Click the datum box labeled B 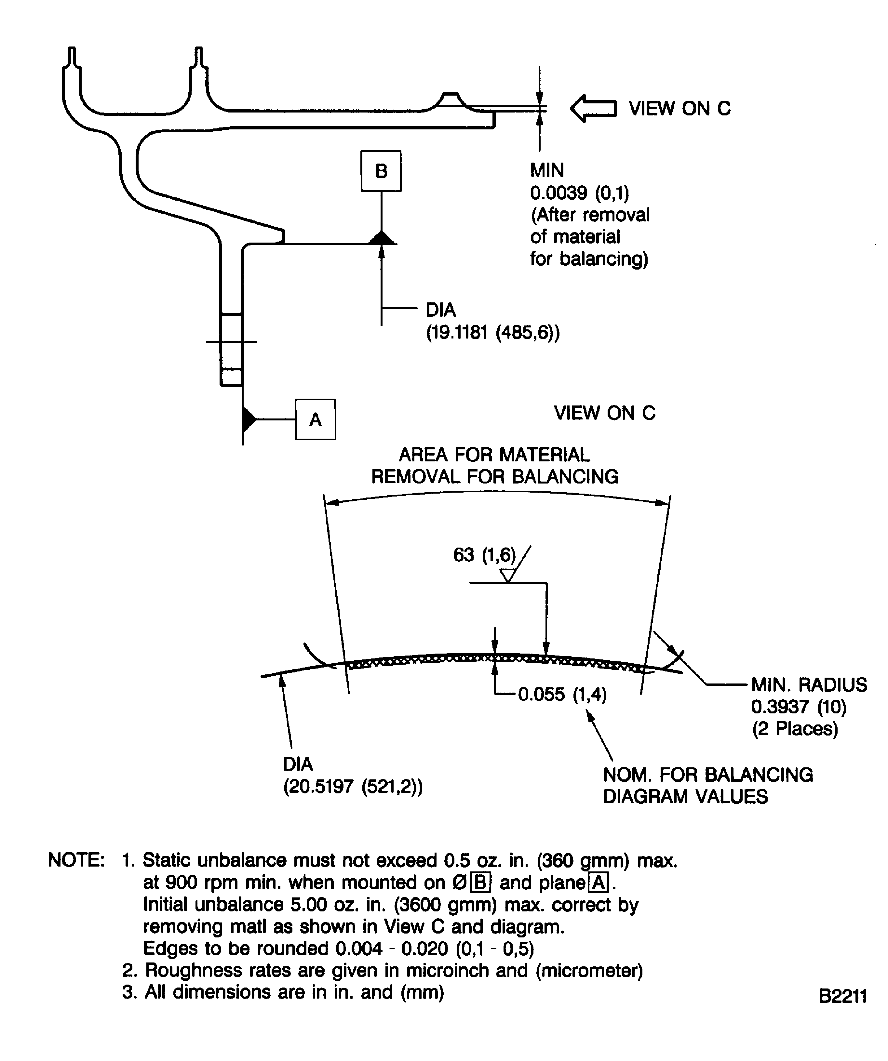click(381, 171)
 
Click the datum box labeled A click(316, 419)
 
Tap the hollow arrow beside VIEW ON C click(593, 108)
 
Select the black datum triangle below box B click(382, 238)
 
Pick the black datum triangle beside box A click(249, 419)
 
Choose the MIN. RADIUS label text click(809, 684)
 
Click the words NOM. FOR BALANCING click(707, 775)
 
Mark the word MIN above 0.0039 click(547, 170)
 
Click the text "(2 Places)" click(795, 729)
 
